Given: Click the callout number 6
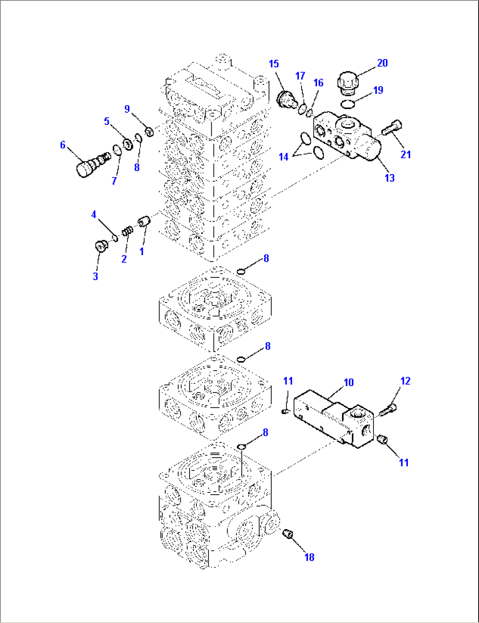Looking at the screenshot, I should [62, 145].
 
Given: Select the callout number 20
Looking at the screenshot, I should [382, 63].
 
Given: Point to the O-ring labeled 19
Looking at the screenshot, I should [348, 104].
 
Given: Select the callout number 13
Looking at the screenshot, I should [389, 178].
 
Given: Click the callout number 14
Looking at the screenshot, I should [283, 157].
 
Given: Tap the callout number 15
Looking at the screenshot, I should [274, 64].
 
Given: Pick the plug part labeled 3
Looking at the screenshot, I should [102, 247].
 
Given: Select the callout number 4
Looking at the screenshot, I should [94, 215].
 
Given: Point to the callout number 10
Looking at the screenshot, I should [348, 383].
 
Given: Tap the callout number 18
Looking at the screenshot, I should [309, 557].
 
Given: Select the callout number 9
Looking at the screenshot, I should [127, 109].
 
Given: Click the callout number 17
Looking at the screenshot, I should [300, 76].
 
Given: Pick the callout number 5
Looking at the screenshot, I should [106, 121].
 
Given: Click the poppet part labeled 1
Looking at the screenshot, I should [145, 221].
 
